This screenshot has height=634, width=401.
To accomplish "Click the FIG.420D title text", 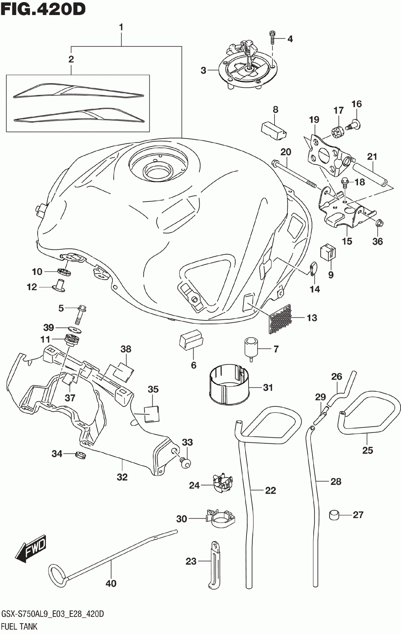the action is [x=43, y=9].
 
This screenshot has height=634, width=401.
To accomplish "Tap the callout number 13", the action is [x=312, y=318].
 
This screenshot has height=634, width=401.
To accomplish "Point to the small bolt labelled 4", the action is [x=272, y=37].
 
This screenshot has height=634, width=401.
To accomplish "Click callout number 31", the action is [x=267, y=387].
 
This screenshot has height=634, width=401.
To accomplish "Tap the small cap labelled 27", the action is [x=335, y=515].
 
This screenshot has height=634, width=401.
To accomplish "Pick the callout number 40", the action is [x=111, y=583].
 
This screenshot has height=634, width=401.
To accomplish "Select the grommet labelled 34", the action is [x=81, y=456].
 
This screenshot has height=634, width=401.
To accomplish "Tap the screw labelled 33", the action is [x=185, y=463].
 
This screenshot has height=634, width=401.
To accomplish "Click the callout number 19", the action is [x=314, y=120].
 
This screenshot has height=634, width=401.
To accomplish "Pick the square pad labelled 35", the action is [x=152, y=414].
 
